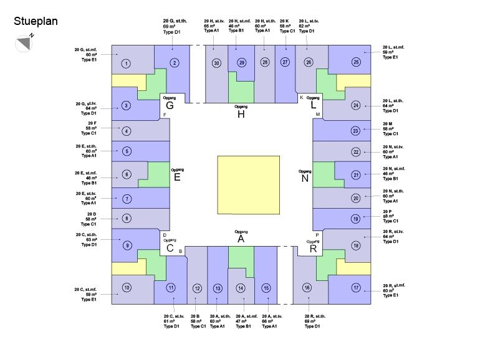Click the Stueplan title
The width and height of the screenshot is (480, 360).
pyautogui.click(x=36, y=22)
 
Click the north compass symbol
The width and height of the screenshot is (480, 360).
pyautogui.click(x=24, y=43)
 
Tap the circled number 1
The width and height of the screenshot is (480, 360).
pyautogui.click(x=126, y=64)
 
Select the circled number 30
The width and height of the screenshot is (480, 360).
pyautogui.click(x=216, y=62)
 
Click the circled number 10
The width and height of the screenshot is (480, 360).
pyautogui.click(x=127, y=287)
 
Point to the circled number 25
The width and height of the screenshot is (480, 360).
pyautogui.click(x=356, y=62)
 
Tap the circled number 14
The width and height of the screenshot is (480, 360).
pyautogui.click(x=241, y=288)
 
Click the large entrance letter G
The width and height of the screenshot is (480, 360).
pyautogui.click(x=169, y=106)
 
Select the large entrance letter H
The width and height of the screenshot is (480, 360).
pyautogui.click(x=241, y=115)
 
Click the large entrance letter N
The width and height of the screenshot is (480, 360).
pyautogui.click(x=305, y=179)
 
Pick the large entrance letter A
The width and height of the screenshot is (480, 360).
pyautogui.click(x=241, y=239)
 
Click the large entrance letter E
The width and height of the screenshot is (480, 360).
pyautogui.click(x=177, y=178)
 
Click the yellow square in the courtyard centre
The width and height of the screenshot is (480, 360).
pyautogui.click(x=248, y=185)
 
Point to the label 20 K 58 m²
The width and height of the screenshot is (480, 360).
pyautogui.click(x=287, y=26)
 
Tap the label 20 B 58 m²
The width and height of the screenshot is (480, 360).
pyautogui.click(x=198, y=321)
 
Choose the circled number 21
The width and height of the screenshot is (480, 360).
pyautogui.click(x=356, y=175)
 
